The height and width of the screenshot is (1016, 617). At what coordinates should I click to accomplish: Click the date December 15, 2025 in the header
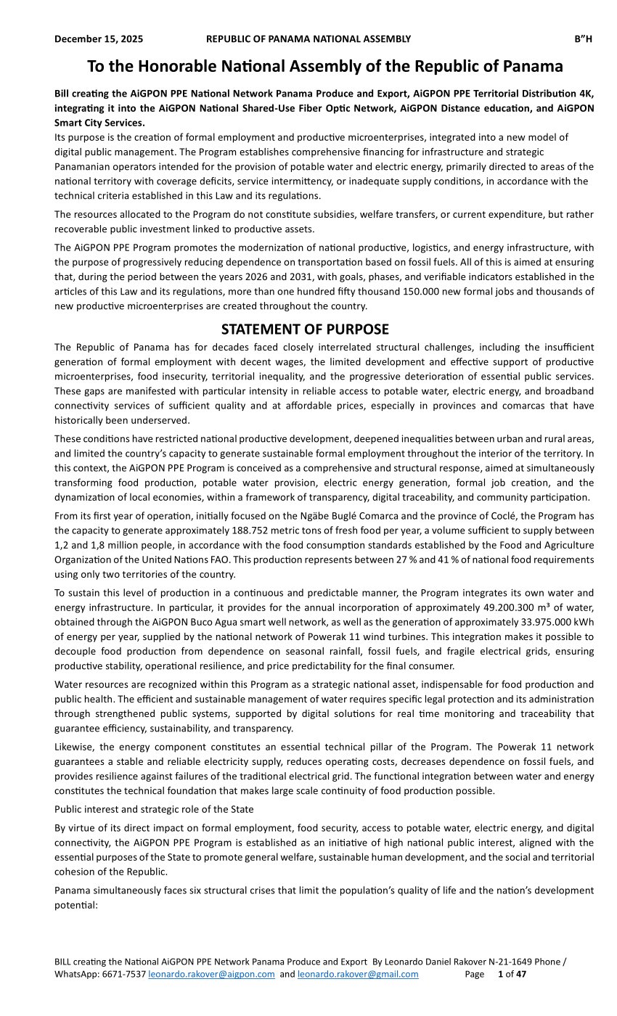point(99,38)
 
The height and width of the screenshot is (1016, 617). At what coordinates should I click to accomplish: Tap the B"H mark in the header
point(584,38)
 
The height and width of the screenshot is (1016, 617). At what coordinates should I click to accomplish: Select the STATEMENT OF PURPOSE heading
point(305,329)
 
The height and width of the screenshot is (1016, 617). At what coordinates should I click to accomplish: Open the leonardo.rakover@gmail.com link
point(358,974)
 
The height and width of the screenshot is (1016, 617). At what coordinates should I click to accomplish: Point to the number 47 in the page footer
point(520,974)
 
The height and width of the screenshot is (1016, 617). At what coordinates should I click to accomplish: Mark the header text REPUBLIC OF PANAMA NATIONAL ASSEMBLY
point(308,38)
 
